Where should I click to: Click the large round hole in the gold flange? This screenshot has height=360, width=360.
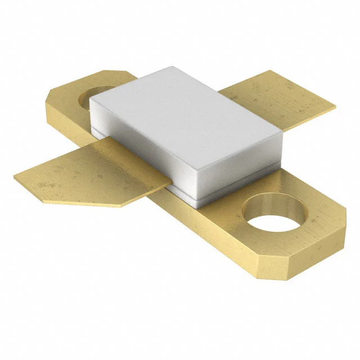coord(275,215)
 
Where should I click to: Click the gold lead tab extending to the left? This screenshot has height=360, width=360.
coord(90,172)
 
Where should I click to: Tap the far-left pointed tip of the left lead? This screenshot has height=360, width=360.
coord(15,175)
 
